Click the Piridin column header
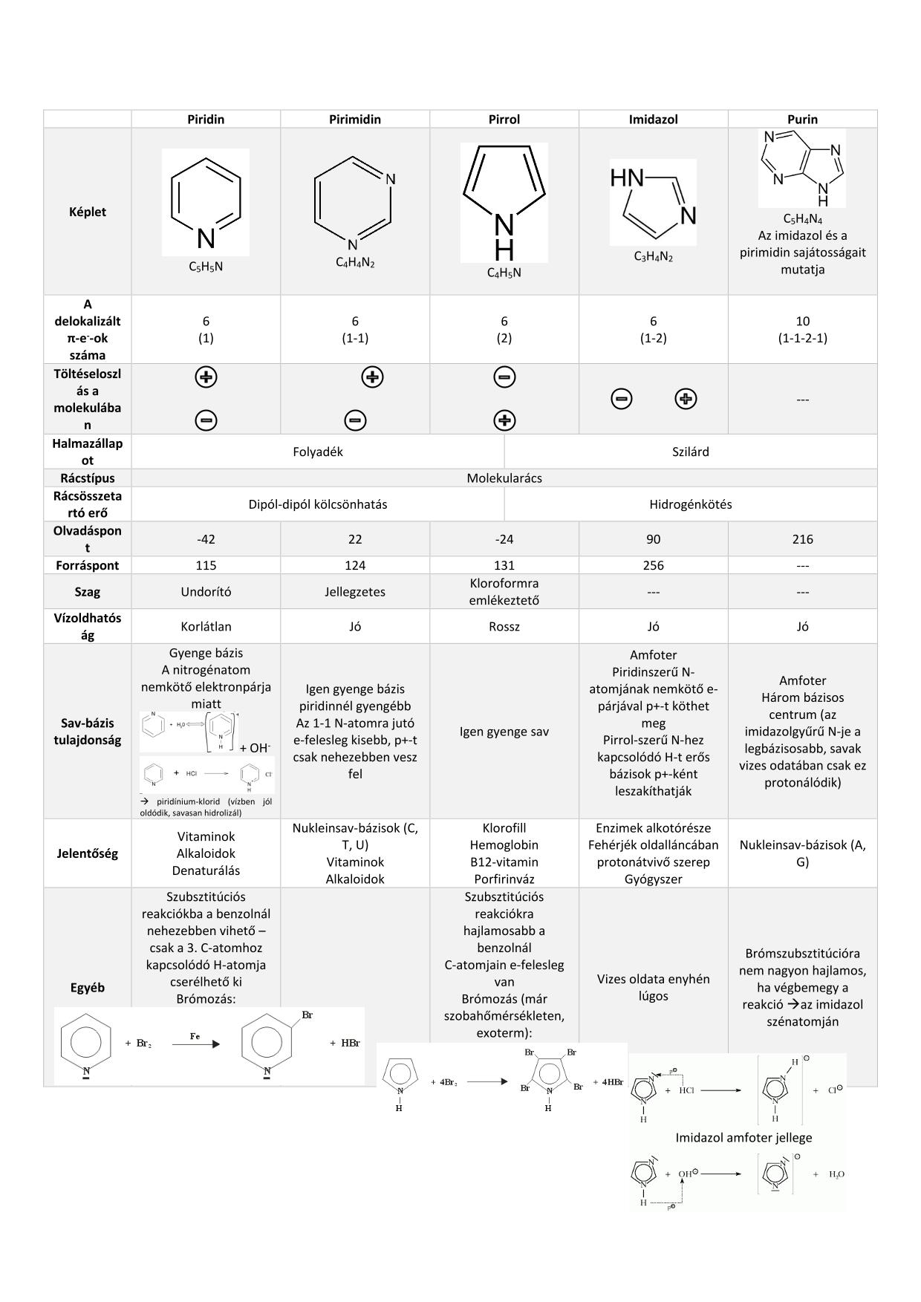tap(206, 119)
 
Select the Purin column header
tap(802, 119)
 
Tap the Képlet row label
tap(88, 212)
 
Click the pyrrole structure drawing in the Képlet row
tap(504, 202)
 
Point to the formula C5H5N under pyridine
tap(206, 267)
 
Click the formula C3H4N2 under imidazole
tap(653, 257)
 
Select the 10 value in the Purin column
tap(802, 321)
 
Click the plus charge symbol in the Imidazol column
tap(686, 399)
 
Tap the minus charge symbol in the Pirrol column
tap(504, 377)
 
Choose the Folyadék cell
tap(318, 452)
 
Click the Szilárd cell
tap(690, 452)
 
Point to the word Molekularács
tap(504, 478)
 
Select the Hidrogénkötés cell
tap(690, 504)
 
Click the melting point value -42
tap(206, 539)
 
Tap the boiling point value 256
tap(653, 565)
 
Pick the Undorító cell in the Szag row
tap(206, 592)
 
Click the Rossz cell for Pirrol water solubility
tap(504, 627)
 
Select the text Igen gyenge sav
tap(504, 732)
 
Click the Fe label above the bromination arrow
tap(195, 1036)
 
